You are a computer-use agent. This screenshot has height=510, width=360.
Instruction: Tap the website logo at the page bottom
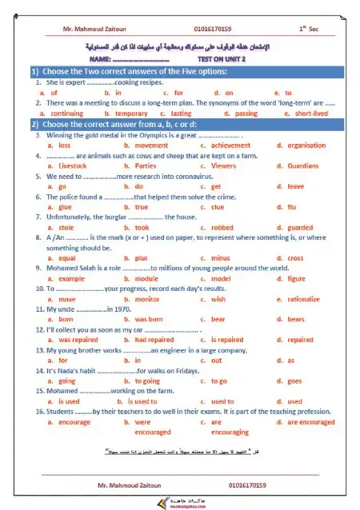(x=179, y=502)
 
